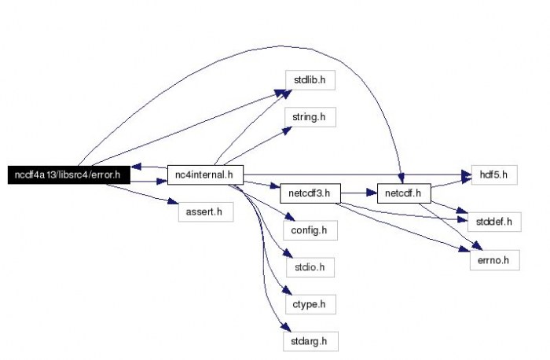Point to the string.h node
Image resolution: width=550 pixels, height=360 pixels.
[309, 117]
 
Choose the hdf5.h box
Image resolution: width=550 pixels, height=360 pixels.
[493, 174]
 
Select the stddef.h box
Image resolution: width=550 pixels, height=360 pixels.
[493, 222]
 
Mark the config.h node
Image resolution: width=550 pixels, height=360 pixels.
[309, 230]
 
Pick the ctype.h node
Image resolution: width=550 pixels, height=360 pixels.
[309, 303]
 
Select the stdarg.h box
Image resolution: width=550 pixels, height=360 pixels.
[309, 340]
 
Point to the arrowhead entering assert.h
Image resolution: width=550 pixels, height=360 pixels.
[172, 201]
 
